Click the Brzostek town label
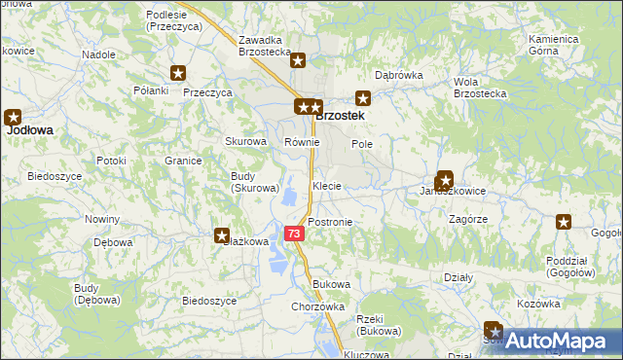point(342,115)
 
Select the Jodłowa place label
point(29,128)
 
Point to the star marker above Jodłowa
point(14,116)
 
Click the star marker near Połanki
point(178,73)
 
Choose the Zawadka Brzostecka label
point(266,46)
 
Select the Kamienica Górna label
point(554,45)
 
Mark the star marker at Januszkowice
point(445,179)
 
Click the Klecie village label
point(326,185)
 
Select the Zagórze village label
point(468,220)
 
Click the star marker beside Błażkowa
point(221,235)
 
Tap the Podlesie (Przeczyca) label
point(173,21)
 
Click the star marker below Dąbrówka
point(363,97)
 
